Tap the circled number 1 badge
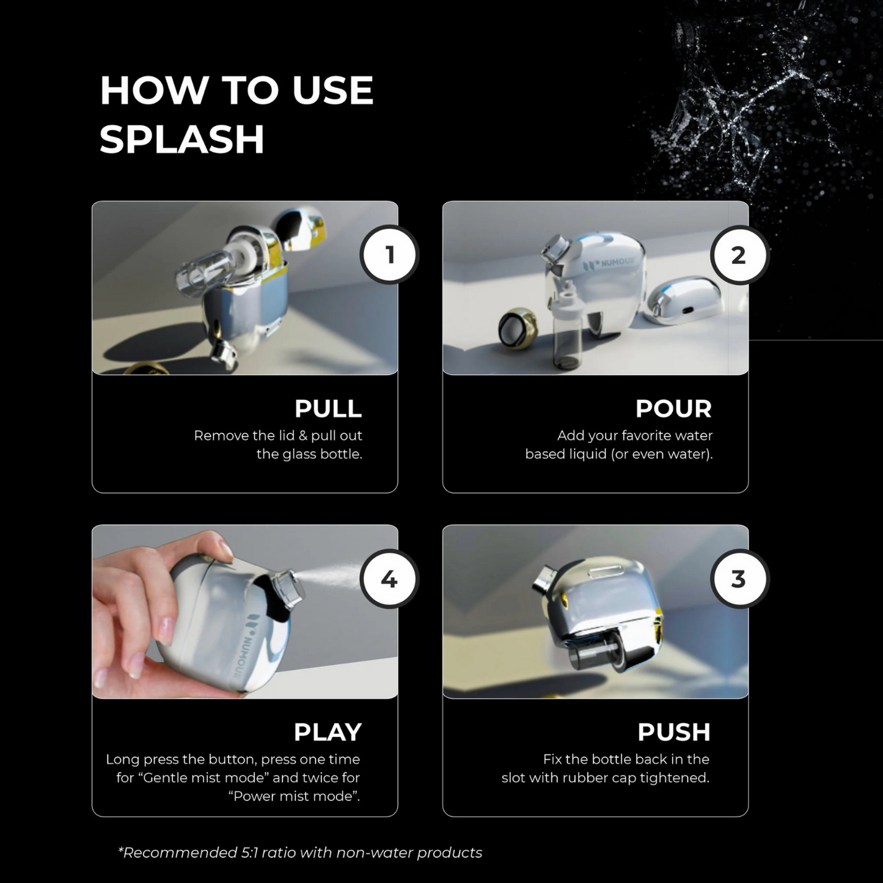pos(389,255)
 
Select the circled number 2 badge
pos(739,255)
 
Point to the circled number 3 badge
pos(739,579)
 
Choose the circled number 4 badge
pos(389,579)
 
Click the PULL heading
pos(328,409)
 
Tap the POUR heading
pos(673,409)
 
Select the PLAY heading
pos(328,732)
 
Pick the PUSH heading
pos(674,732)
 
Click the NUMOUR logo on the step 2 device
pos(609,263)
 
